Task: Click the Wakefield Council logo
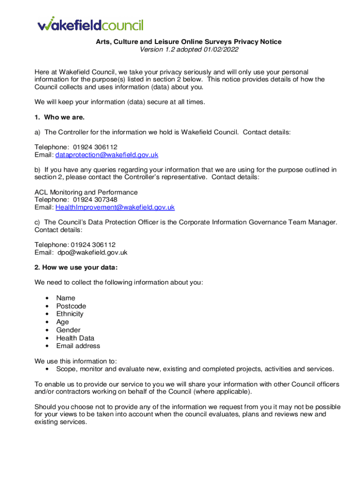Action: pyautogui.click(x=90, y=24)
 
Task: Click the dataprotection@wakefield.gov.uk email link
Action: pyautogui.click(x=107, y=155)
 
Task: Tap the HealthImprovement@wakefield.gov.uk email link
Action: pyautogui.click(x=115, y=207)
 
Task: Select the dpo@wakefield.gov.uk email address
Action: pyautogui.click(x=92, y=253)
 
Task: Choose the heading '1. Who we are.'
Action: pyautogui.click(x=59, y=117)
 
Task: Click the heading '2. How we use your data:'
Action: pyautogui.click(x=76, y=268)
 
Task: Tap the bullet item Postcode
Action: pyautogui.click(x=71, y=306)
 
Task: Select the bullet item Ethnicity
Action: pyautogui.click(x=70, y=314)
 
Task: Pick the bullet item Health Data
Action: pyautogui.click(x=75, y=338)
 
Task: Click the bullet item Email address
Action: pyautogui.click(x=78, y=346)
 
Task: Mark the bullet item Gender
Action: pyautogui.click(x=68, y=330)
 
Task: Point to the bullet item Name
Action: pyautogui.click(x=65, y=298)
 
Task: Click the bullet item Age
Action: pyautogui.click(x=62, y=322)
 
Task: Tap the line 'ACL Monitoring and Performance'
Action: pyautogui.click(x=86, y=192)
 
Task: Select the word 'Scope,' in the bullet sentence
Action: pyautogui.click(x=66, y=369)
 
